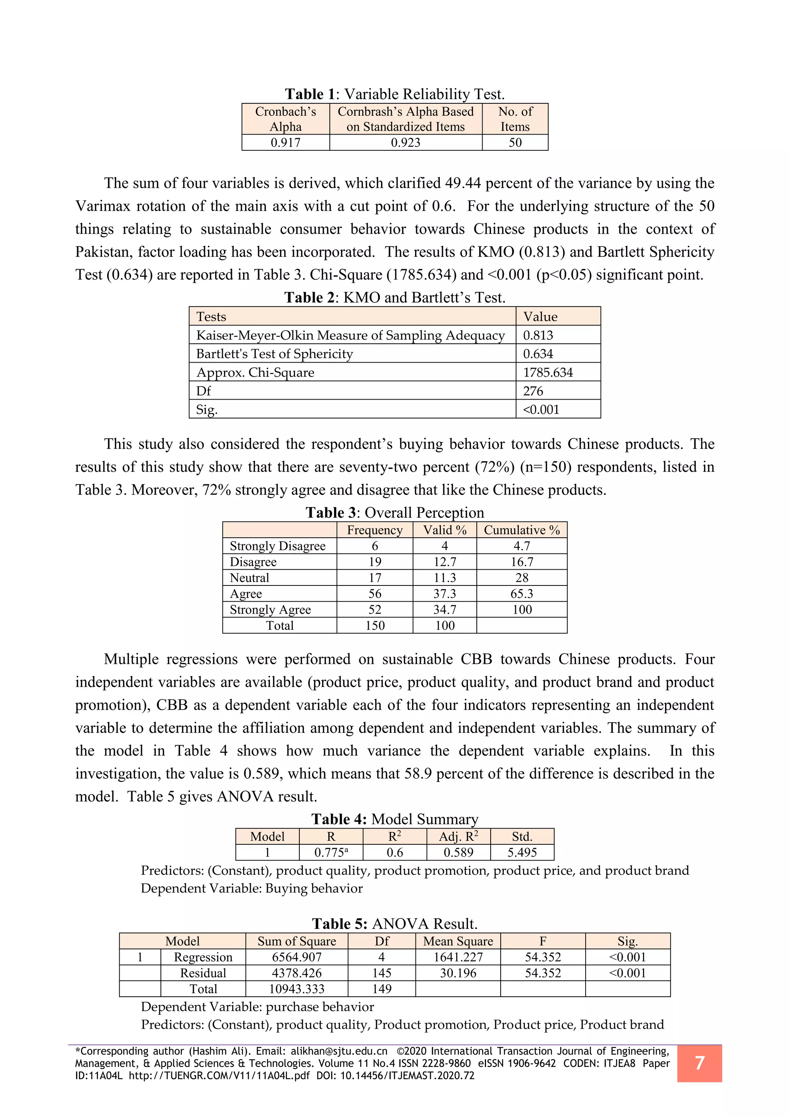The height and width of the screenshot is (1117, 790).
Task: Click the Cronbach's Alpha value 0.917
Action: click(x=285, y=143)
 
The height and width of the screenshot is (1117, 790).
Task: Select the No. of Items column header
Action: click(x=515, y=119)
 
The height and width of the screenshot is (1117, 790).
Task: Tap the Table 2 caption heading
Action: click(x=395, y=297)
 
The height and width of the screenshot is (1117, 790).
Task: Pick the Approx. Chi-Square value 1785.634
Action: click(x=548, y=372)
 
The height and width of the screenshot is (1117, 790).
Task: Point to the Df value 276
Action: click(x=533, y=391)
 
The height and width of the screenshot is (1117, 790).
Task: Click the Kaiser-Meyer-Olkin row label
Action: click(x=350, y=335)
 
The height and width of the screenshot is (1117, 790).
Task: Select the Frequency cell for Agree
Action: click(x=375, y=594)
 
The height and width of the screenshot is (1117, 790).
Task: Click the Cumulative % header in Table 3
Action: click(x=522, y=530)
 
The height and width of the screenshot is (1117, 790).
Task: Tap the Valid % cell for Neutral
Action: click(x=445, y=577)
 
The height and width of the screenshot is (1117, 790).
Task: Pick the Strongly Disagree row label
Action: click(x=277, y=546)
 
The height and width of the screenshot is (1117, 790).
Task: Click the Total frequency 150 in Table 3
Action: click(x=375, y=625)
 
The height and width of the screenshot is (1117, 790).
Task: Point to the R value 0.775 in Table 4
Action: click(x=331, y=852)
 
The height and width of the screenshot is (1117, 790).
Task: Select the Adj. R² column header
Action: click(x=458, y=836)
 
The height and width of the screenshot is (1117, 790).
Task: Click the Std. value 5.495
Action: click(x=522, y=852)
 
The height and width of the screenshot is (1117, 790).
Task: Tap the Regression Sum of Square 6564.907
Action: click(x=297, y=957)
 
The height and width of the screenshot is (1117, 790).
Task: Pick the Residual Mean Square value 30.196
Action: click(x=458, y=973)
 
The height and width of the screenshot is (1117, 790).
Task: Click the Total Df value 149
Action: click(x=382, y=989)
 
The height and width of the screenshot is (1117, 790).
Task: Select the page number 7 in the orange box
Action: click(x=699, y=1063)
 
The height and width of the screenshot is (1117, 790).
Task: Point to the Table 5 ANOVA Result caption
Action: click(x=395, y=924)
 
